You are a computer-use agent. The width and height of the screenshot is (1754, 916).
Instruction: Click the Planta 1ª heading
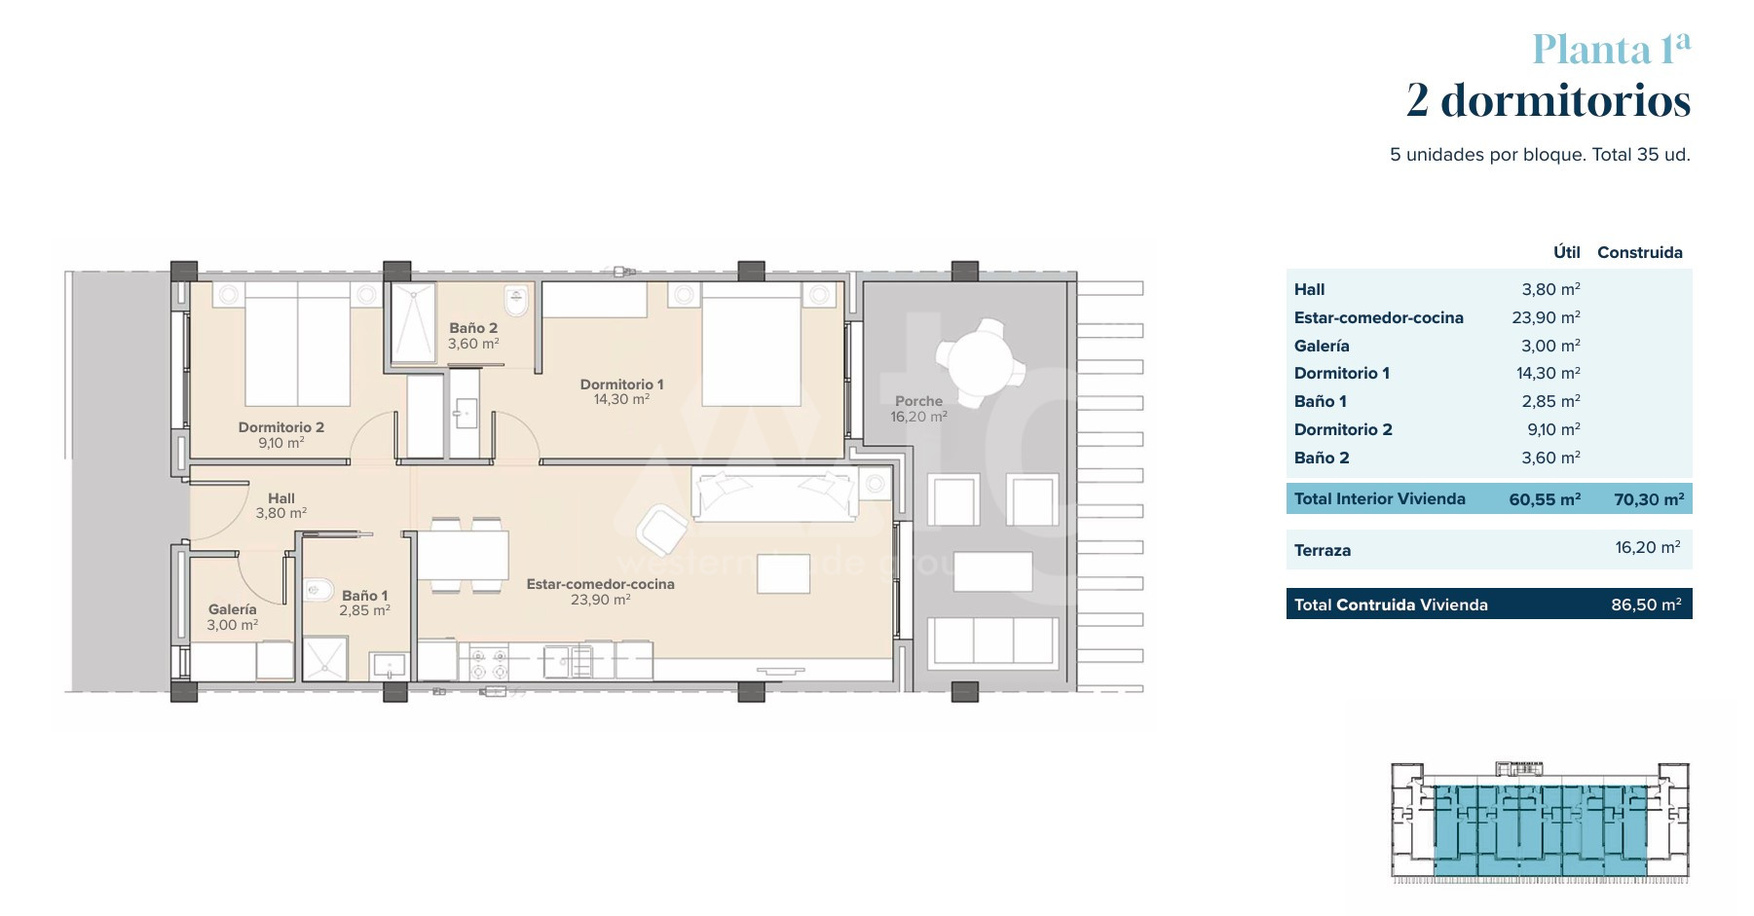(1611, 49)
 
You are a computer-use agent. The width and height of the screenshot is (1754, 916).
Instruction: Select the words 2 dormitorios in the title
(1549, 100)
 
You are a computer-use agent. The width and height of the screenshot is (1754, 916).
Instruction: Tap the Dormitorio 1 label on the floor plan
(621, 385)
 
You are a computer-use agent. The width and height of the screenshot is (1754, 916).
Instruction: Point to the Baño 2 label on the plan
(473, 328)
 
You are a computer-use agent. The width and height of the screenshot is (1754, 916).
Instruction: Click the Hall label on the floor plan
(281, 498)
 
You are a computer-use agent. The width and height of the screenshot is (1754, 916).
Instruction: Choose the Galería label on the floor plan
(233, 609)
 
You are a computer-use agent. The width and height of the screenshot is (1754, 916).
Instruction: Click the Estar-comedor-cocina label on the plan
(601, 584)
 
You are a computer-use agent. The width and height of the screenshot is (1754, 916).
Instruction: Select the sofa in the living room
(776, 493)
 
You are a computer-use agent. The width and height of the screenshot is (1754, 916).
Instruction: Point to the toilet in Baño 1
(317, 589)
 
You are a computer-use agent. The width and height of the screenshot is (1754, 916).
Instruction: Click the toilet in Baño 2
(516, 301)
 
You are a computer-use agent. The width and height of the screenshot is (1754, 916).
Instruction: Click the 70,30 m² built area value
(1649, 499)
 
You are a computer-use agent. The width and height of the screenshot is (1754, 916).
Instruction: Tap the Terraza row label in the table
(1323, 550)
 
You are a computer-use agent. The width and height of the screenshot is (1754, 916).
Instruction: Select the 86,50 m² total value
(1646, 605)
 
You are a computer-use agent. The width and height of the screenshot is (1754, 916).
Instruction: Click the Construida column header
(1640, 252)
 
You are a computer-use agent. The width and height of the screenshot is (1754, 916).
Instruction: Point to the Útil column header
(1567, 252)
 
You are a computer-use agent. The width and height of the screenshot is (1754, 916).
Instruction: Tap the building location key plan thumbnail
(1540, 823)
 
